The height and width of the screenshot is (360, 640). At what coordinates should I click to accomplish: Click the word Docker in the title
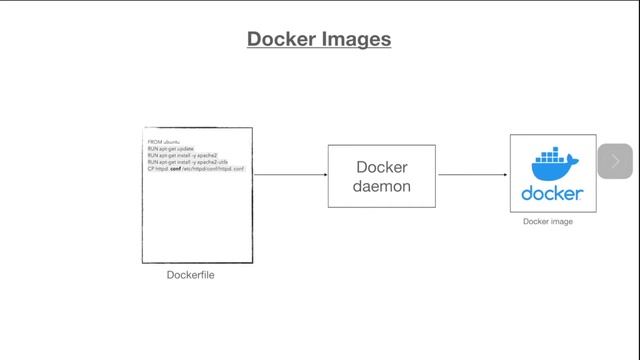279,39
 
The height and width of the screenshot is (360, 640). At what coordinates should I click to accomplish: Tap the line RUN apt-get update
170,149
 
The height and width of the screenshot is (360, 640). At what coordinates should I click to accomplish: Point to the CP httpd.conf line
196,170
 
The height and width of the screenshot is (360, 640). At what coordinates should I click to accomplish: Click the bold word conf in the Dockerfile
175,170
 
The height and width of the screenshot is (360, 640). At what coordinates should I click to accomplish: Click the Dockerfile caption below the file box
191,275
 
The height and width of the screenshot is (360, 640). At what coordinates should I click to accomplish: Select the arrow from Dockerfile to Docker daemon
290,175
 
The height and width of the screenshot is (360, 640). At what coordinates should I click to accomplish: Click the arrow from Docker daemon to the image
473,175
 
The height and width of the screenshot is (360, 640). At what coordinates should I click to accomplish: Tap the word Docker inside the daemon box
382,167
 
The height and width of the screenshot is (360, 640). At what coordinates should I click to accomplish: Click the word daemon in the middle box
382,186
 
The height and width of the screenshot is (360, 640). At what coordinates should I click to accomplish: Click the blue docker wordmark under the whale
553,193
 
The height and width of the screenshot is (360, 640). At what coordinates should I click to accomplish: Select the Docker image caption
548,222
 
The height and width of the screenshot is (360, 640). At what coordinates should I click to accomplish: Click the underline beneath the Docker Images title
319,49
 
